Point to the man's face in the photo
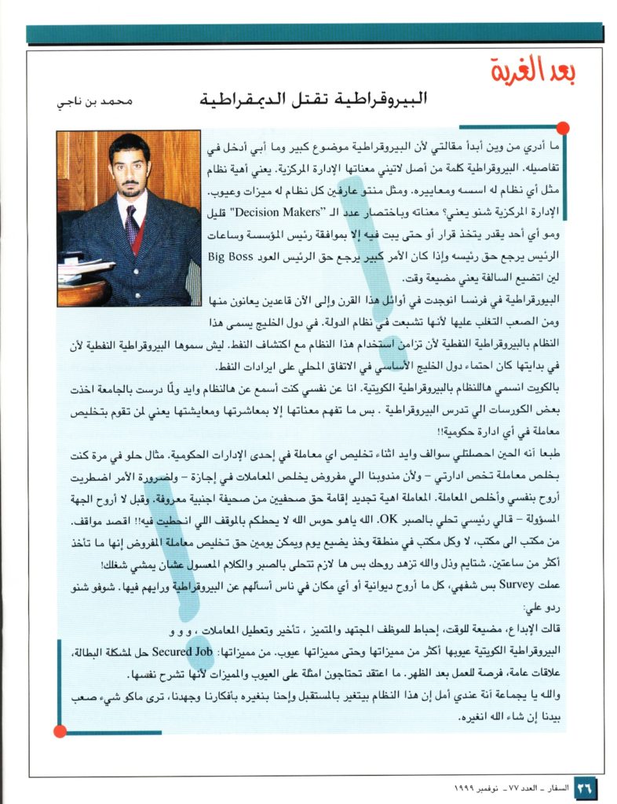130,167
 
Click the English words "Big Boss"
232,256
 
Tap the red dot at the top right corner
562,127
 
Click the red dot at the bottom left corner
60,732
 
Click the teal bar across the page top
314,33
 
